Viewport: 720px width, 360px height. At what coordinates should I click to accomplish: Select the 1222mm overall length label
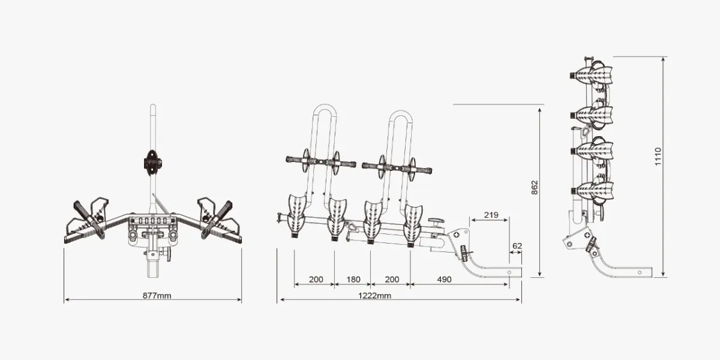tap(376, 295)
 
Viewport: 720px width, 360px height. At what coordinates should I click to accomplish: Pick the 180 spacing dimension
tap(353, 280)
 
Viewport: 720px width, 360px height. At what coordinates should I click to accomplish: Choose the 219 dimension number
tap(490, 215)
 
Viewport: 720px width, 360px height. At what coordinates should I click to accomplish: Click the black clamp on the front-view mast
tap(152, 162)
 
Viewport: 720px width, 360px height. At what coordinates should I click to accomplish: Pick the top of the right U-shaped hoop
tap(401, 112)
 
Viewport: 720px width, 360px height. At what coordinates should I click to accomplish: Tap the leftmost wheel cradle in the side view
tap(296, 213)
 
